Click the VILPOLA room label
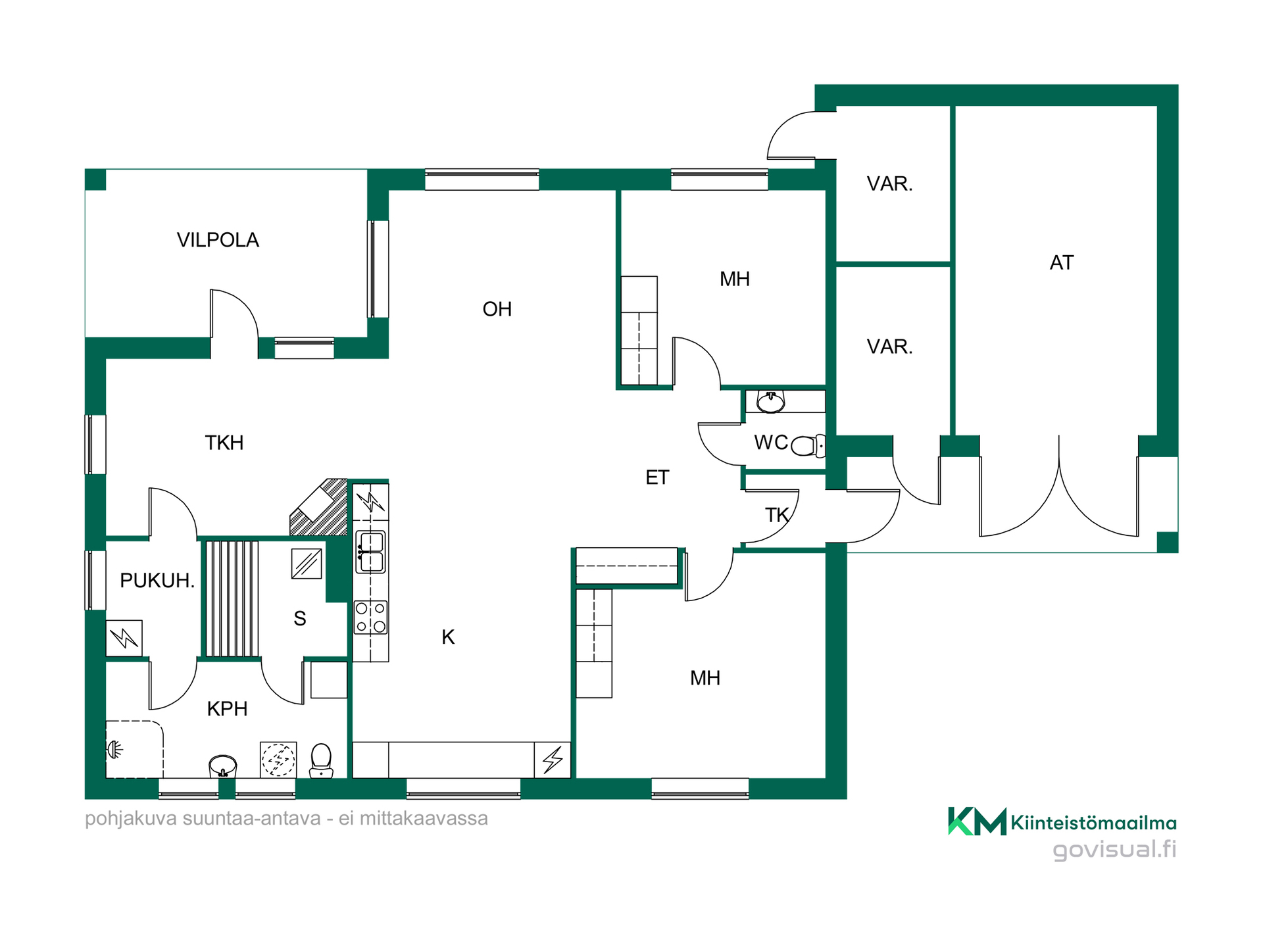coord(218,240)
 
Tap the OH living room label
coord(497,309)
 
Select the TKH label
coord(224,443)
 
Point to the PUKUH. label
coord(157,581)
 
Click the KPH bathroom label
coord(227,709)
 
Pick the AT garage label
coord(1061,263)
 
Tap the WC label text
coord(770,443)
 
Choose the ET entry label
coord(657,477)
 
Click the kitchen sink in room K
coord(371,552)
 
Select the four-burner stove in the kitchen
coord(371,618)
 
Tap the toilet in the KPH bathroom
coord(321,760)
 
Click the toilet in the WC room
coord(808,446)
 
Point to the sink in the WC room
coord(770,401)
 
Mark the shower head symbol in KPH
coord(115,749)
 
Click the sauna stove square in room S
coord(307,564)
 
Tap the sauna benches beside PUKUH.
coord(232,598)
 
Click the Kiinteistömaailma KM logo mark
coord(977,821)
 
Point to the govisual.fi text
coord(1114,849)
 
